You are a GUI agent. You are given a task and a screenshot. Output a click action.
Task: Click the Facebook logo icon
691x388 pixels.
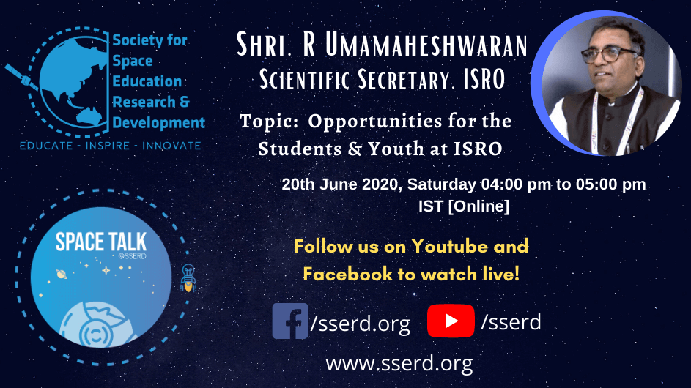click(x=290, y=321)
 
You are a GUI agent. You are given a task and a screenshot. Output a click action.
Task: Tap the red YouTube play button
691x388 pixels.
click(x=451, y=321)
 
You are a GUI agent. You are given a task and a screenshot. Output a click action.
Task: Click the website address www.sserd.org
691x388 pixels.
click(x=399, y=364)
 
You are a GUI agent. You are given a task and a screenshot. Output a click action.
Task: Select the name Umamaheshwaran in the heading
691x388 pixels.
click(x=426, y=44)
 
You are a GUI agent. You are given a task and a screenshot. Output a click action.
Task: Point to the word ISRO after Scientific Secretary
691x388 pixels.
click(x=484, y=80)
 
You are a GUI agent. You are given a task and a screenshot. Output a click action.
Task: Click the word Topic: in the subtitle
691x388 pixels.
click(x=269, y=121)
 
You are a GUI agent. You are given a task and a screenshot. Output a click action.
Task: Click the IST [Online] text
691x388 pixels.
click(x=464, y=206)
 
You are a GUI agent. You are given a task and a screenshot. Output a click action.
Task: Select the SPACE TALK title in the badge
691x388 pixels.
click(x=101, y=242)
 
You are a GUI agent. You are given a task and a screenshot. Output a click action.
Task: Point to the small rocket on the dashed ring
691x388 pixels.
click(x=188, y=278)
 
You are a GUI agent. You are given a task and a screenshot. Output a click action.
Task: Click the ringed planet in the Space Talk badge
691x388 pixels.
click(x=62, y=275)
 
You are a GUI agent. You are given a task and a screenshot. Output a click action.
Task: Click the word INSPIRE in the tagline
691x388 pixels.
click(x=108, y=146)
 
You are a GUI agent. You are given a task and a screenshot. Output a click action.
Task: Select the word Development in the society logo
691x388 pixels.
click(x=159, y=122)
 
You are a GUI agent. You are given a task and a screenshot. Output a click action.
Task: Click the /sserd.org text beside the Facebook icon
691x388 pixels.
click(x=360, y=324)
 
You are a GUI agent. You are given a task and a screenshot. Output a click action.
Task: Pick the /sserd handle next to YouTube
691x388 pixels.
click(x=511, y=322)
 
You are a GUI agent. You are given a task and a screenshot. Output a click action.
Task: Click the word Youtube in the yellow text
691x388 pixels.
click(x=449, y=246)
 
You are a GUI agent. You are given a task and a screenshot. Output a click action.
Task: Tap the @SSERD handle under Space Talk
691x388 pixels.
click(x=132, y=256)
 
